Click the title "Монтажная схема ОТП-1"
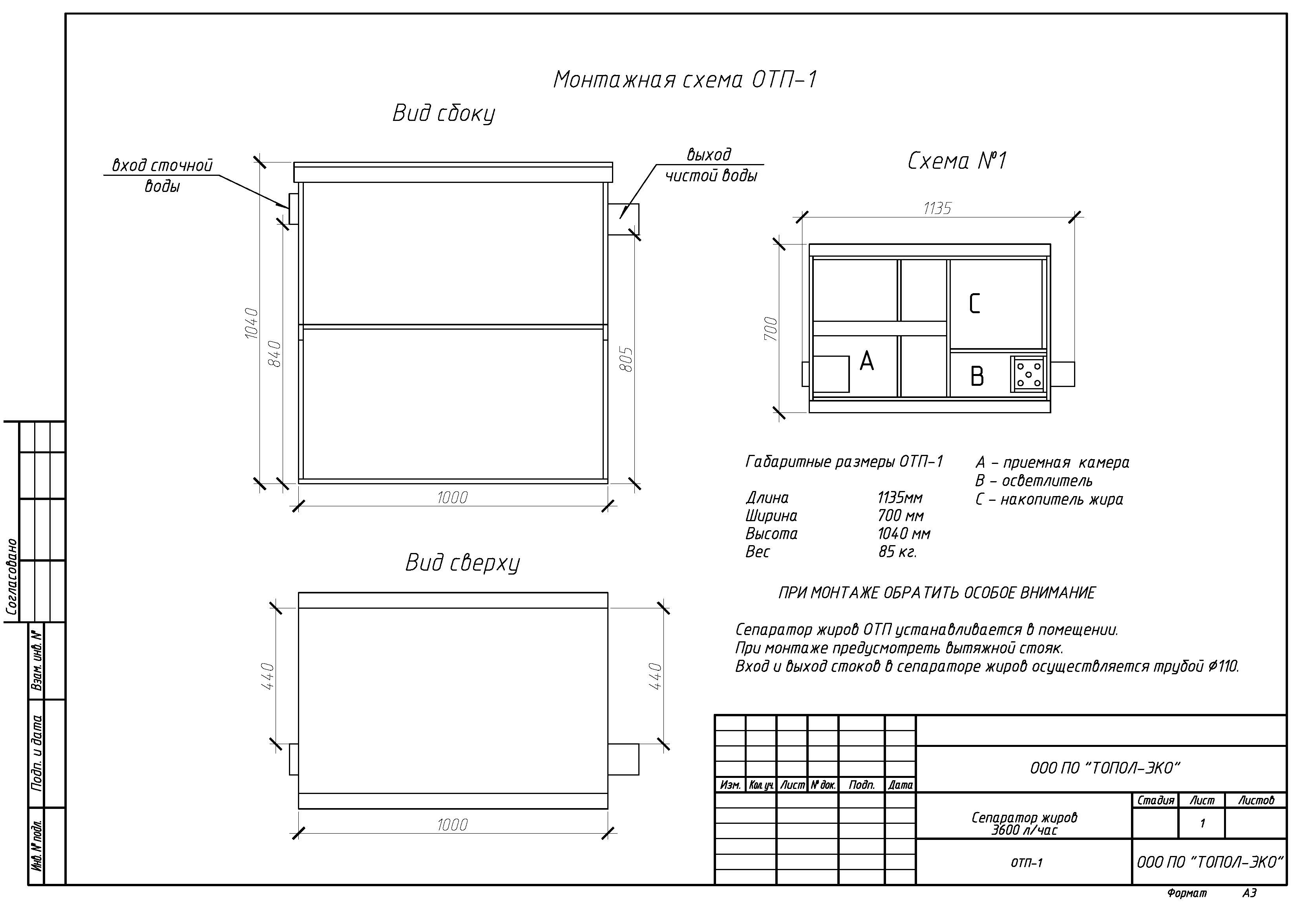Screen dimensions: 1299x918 (x=685, y=80)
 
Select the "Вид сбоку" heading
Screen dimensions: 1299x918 (x=444, y=113)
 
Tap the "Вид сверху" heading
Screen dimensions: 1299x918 (x=462, y=563)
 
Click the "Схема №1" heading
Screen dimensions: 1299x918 (x=957, y=161)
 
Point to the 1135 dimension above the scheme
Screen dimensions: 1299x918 (x=937, y=209)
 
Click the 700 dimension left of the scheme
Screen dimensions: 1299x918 (x=771, y=329)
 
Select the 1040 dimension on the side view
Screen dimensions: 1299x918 (x=251, y=323)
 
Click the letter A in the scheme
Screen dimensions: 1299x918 (x=867, y=360)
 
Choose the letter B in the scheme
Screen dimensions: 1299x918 (x=977, y=376)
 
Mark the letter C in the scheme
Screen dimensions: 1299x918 (x=974, y=304)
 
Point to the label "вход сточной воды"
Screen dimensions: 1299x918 (x=163, y=175)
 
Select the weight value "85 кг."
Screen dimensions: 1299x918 (x=897, y=551)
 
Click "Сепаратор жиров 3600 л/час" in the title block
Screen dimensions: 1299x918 (x=1024, y=823)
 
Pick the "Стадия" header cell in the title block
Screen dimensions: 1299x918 (x=1156, y=800)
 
